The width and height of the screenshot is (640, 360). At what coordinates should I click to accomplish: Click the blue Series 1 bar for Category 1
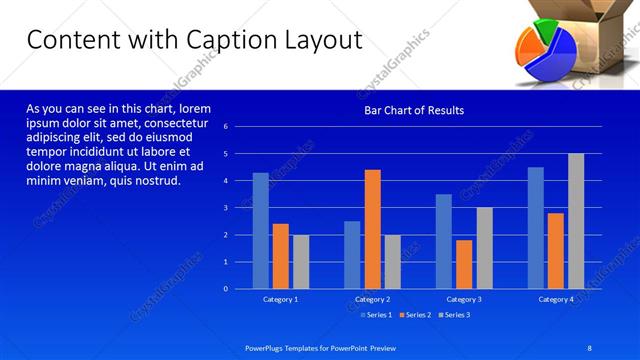260,231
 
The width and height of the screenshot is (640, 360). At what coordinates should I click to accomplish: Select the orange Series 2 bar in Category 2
372,229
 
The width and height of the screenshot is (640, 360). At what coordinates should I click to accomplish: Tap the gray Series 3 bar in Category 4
576,221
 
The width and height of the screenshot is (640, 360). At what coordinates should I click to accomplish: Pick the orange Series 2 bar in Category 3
464,264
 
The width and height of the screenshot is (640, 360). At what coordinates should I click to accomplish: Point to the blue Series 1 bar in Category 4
536,228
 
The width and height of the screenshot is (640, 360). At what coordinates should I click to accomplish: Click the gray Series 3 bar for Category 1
300,262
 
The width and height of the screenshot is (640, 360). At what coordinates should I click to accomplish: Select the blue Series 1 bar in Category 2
352,255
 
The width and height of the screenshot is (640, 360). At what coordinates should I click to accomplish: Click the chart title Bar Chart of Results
413,110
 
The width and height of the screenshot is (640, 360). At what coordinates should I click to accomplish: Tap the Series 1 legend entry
376,315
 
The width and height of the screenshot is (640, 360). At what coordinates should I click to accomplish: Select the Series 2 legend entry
415,315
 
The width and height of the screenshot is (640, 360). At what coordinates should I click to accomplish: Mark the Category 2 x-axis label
372,299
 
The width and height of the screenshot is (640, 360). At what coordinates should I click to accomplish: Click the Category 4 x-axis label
556,299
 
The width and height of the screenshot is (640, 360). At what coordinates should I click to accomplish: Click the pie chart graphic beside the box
545,57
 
